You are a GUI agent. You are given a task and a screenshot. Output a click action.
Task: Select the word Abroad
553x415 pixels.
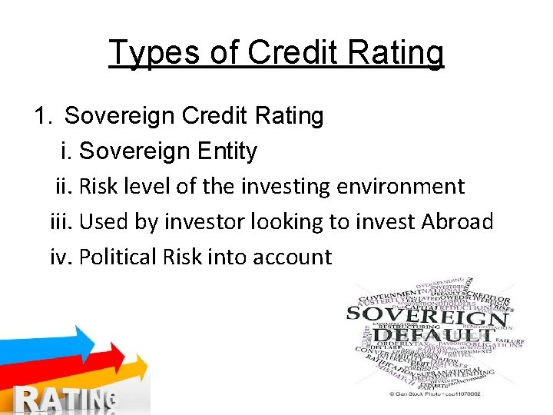(457, 221)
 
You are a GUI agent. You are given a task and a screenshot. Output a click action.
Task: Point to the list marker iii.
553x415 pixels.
(61, 221)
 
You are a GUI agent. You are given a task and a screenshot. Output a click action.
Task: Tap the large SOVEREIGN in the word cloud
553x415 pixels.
(427, 315)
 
